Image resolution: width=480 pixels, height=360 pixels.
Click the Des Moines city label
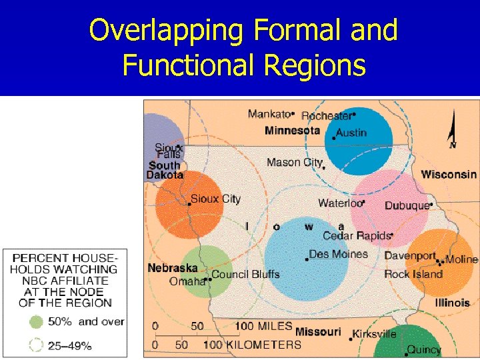click(x=339, y=254)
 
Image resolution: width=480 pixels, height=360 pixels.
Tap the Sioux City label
click(x=215, y=199)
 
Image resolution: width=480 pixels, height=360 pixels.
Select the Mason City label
click(x=293, y=162)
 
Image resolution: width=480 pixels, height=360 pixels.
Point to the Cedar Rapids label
click(x=356, y=235)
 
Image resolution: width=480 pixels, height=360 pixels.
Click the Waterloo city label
click(x=339, y=203)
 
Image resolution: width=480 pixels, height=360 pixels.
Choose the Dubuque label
click(x=407, y=205)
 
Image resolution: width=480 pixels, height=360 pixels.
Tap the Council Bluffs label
click(x=245, y=274)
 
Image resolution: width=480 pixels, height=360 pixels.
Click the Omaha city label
click(x=187, y=281)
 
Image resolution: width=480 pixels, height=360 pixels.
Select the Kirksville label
click(x=375, y=334)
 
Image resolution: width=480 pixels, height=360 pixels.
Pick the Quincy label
click(x=424, y=349)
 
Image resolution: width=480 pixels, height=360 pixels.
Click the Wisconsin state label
click(x=449, y=175)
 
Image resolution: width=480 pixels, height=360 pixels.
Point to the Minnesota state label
click(x=292, y=131)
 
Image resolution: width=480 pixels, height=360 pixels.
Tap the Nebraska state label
click(x=173, y=268)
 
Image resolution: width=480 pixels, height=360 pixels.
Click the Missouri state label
click(x=318, y=331)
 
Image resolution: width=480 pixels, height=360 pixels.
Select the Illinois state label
click(x=453, y=303)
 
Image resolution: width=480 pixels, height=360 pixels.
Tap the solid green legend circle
click(x=36, y=322)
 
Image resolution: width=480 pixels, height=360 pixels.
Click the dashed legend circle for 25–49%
click(x=36, y=345)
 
